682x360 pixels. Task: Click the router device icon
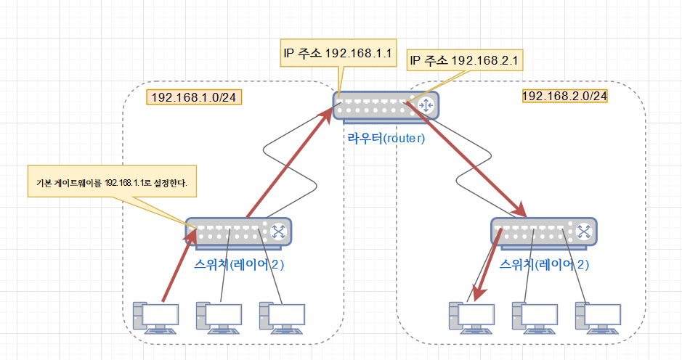tap(385, 106)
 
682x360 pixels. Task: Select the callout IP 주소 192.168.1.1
tap(338, 53)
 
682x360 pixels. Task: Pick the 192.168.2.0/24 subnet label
tap(564, 96)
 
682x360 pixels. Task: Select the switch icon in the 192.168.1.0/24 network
tap(238, 232)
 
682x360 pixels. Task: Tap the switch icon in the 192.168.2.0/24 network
tap(543, 232)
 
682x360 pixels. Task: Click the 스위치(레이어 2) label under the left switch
tap(240, 264)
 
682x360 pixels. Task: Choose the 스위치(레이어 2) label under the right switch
tap(545, 264)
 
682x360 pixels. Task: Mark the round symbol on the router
tap(426, 106)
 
